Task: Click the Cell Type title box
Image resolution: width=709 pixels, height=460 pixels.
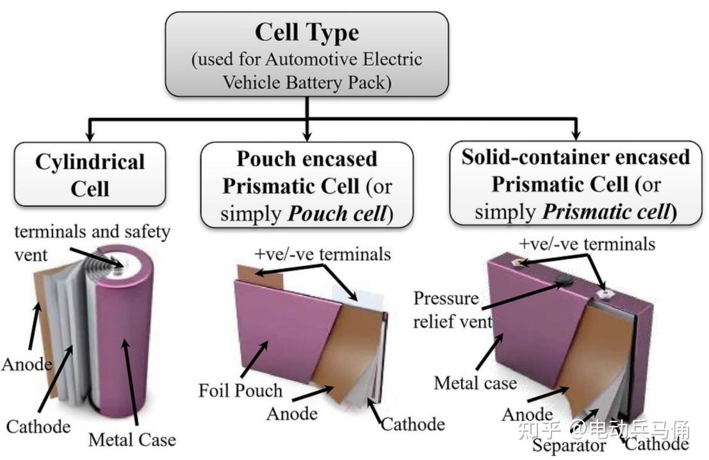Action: (307, 54)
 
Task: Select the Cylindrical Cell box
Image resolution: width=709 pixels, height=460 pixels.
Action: (90, 175)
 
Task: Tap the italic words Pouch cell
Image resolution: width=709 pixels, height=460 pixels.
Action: (338, 213)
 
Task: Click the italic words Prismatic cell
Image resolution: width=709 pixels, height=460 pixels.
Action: (607, 211)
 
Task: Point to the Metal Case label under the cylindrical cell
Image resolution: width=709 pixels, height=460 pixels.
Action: (132, 439)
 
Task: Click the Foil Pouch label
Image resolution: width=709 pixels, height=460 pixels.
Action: (240, 390)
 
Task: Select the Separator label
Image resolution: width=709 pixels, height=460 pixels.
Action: (569, 446)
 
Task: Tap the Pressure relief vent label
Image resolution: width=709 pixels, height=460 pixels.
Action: (453, 310)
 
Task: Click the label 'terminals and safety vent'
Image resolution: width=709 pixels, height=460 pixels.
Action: (92, 243)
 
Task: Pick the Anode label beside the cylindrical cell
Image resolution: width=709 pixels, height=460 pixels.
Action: (27, 364)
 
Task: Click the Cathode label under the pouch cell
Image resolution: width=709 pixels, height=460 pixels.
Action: (413, 424)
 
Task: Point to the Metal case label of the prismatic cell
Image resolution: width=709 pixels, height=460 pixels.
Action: (475, 383)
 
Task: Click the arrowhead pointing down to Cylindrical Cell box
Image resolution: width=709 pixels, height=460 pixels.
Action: (90, 136)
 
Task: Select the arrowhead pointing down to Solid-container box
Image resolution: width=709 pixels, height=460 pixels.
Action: (576, 135)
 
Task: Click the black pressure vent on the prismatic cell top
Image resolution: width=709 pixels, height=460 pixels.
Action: (565, 281)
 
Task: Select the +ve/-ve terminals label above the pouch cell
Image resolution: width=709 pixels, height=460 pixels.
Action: (322, 254)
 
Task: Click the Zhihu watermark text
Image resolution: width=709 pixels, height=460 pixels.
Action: (604, 430)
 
